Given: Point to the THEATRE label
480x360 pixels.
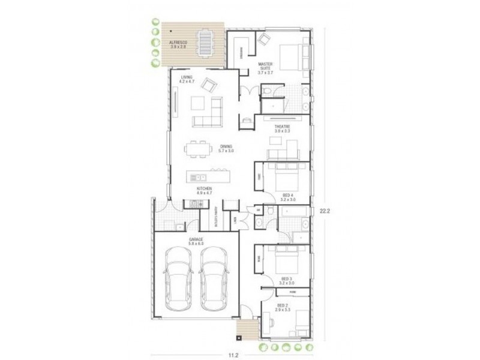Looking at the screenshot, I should tap(282, 128).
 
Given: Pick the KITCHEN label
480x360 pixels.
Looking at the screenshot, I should tap(205, 191).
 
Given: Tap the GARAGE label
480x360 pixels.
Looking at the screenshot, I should tap(196, 241).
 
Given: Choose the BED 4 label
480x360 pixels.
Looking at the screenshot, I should tap(287, 197).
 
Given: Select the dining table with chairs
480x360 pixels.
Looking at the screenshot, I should tap(197, 147).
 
